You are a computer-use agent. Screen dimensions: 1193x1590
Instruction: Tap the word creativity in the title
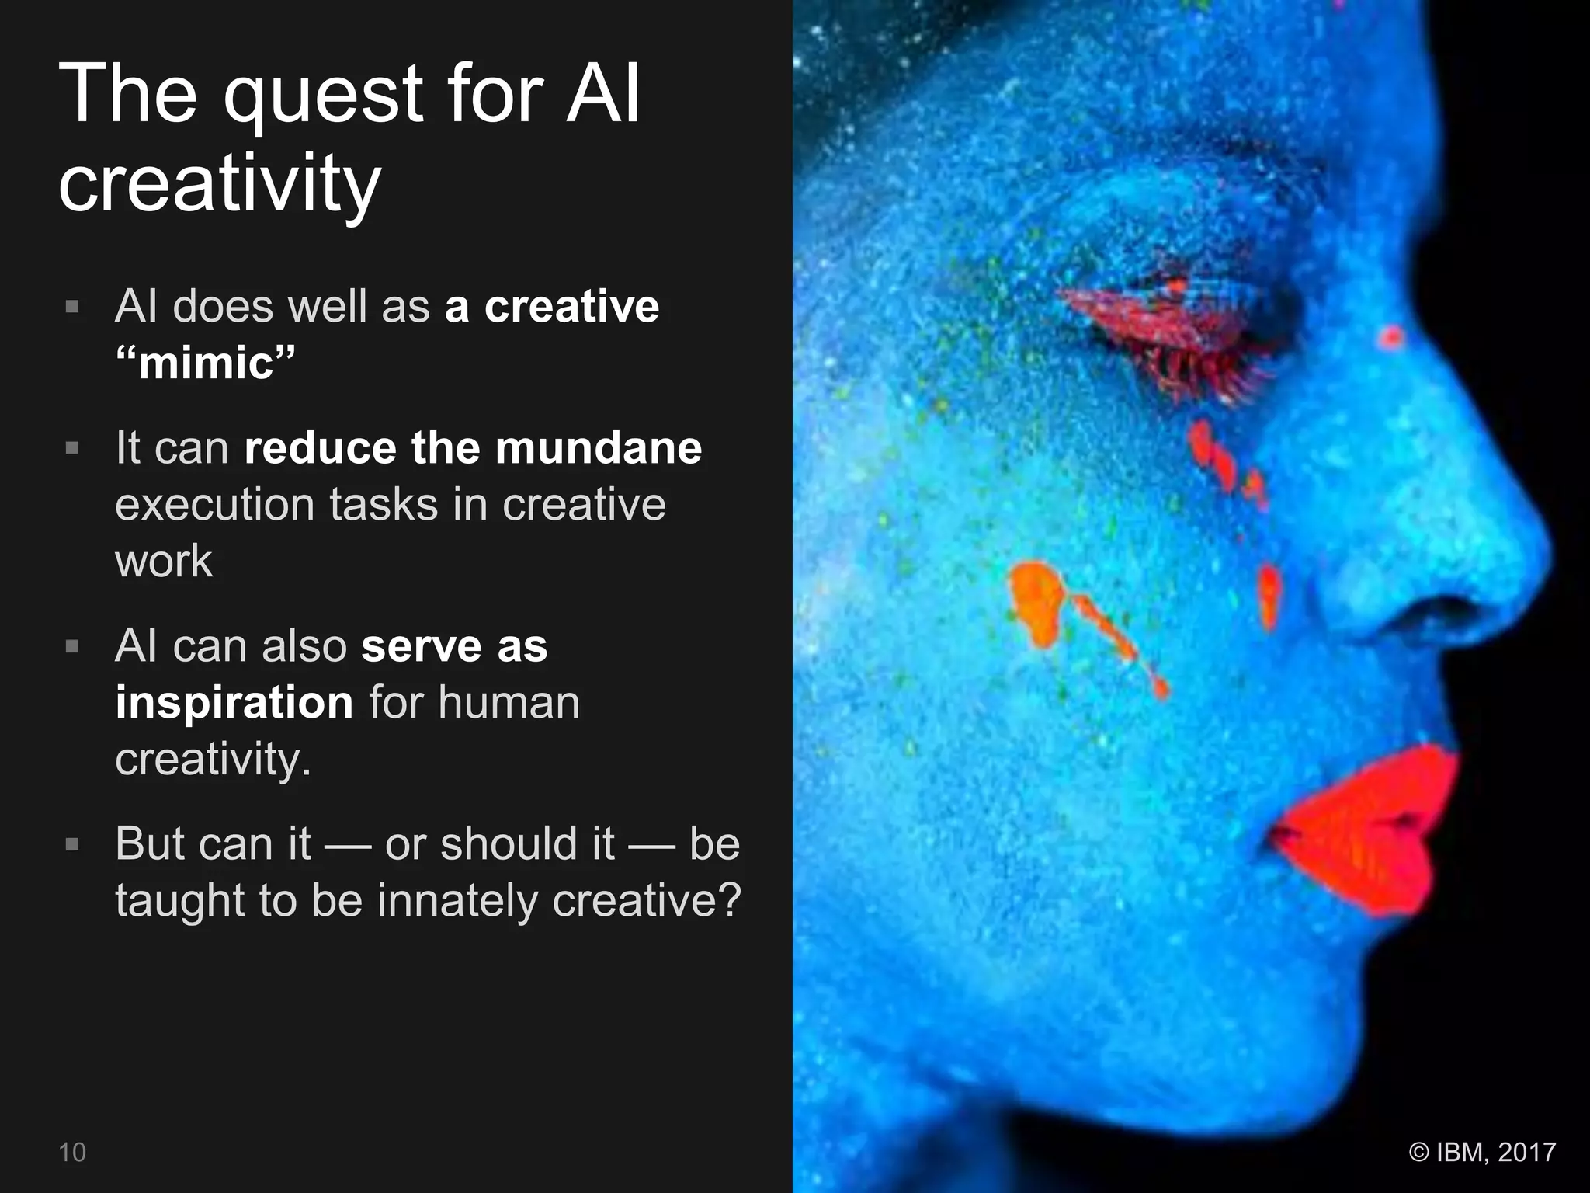(219, 184)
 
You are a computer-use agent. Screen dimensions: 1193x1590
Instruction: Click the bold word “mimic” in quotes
(206, 363)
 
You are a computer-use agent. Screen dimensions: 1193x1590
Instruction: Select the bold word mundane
(598, 448)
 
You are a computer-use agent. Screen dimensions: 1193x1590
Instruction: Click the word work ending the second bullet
(163, 562)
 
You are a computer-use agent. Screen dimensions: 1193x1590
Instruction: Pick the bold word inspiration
(234, 703)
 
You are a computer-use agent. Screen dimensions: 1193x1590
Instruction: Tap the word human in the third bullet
(509, 703)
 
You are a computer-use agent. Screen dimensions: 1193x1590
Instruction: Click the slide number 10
(72, 1152)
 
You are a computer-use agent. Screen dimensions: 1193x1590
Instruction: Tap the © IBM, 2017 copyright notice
(1482, 1152)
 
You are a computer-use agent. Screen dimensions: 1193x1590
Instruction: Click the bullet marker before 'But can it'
(72, 844)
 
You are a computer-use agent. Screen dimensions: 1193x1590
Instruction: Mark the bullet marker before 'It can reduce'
(72, 448)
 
